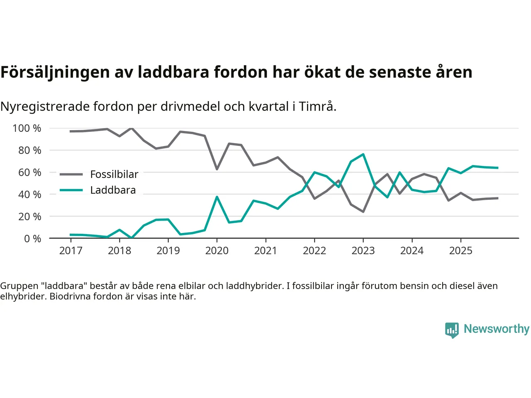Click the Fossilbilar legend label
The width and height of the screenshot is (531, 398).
click(114, 174)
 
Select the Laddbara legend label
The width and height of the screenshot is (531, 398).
click(113, 190)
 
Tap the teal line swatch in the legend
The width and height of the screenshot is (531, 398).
click(71, 190)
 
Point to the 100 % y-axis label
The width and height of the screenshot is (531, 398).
click(27, 128)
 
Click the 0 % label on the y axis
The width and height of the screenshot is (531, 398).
click(32, 238)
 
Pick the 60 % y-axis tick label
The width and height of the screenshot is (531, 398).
click(29, 172)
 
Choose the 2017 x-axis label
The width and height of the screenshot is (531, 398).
click(71, 250)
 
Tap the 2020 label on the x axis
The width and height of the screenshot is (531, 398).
click(217, 250)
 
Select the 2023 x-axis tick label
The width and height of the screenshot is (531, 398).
click(363, 250)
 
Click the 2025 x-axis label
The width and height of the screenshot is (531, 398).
click(460, 250)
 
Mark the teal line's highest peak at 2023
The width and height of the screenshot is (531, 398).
click(363, 154)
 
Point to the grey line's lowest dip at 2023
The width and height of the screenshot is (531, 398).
click(363, 211)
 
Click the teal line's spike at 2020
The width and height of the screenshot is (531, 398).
click(217, 197)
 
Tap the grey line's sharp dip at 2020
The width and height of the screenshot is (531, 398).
click(217, 169)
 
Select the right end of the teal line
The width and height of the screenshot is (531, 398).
click(497, 168)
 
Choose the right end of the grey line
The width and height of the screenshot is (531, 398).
click(497, 198)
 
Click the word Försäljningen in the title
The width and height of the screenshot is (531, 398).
click(56, 72)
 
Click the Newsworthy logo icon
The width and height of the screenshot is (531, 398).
click(452, 330)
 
